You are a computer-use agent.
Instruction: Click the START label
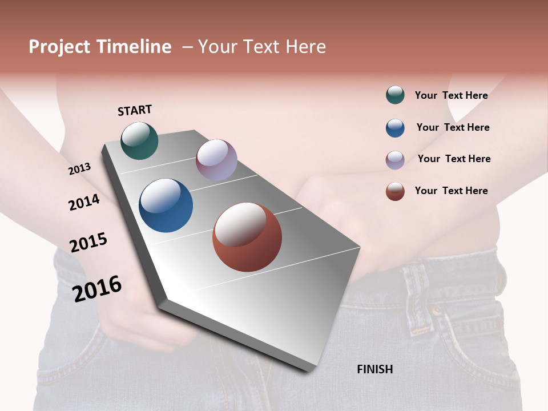pos(135,110)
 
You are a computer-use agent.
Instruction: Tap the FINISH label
pos(374,369)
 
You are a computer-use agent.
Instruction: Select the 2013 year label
pos(80,169)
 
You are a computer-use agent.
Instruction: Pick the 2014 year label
pos(84,202)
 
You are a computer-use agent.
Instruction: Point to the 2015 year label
pos(88,243)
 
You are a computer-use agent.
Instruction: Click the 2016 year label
pos(97,288)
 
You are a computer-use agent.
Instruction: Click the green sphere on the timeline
pos(139,140)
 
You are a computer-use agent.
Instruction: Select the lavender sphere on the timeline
pos(216,159)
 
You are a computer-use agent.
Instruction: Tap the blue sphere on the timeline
pos(166,205)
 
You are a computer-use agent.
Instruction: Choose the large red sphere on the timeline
pos(247,237)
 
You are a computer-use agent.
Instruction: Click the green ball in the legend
pos(395,95)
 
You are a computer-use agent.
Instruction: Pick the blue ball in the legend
pos(395,128)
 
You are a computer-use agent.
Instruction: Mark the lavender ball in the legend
pos(395,160)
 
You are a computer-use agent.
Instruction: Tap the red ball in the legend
pos(395,191)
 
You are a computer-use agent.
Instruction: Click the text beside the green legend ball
pos(451,95)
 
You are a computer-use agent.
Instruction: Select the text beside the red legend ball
pos(451,191)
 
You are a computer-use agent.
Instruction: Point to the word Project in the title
pos(59,47)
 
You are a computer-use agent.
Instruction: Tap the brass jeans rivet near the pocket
pos(437,312)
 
